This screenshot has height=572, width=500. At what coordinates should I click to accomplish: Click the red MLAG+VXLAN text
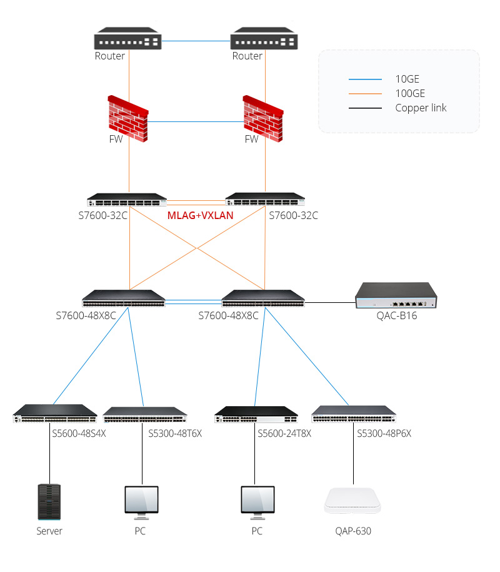(x=200, y=215)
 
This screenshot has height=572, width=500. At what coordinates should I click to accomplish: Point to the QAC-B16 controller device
(x=396, y=296)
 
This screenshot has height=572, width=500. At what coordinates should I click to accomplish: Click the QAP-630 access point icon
(x=353, y=501)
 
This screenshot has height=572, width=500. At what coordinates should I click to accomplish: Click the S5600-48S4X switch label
(x=79, y=432)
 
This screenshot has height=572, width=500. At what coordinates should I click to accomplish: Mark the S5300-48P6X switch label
(x=384, y=432)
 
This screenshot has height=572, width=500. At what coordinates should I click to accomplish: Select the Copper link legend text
(x=421, y=108)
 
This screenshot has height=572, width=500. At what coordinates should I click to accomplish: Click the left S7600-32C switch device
(x=127, y=200)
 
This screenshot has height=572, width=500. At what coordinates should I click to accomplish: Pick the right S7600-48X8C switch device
(x=263, y=298)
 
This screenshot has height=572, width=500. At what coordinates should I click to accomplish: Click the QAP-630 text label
(x=353, y=531)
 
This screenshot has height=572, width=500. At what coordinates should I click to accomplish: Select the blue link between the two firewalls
(x=196, y=121)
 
